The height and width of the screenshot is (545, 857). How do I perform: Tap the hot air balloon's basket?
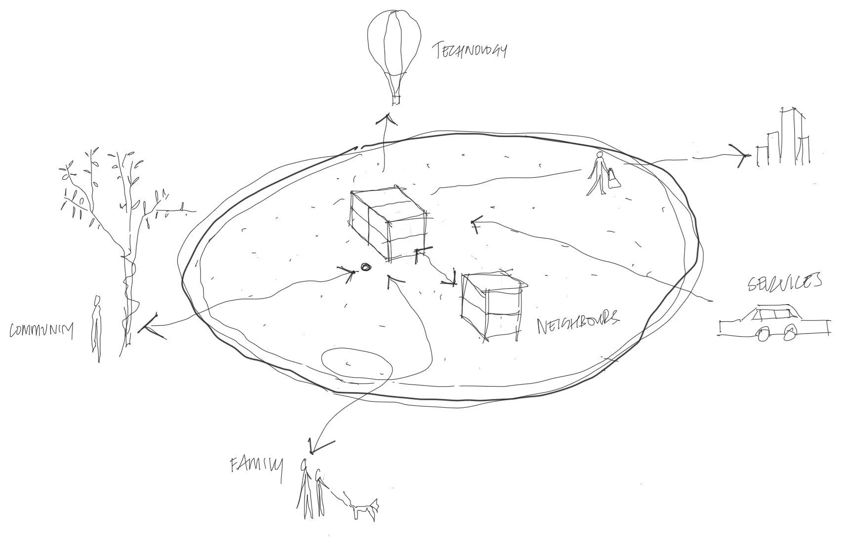click(x=395, y=100)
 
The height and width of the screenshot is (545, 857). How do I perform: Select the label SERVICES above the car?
click(x=784, y=282)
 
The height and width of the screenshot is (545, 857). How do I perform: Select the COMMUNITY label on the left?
click(x=42, y=331)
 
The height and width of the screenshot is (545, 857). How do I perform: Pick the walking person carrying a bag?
click(x=597, y=174)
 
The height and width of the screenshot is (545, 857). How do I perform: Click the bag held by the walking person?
click(x=613, y=178)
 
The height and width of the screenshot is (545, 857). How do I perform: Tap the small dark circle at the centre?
click(x=366, y=267)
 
